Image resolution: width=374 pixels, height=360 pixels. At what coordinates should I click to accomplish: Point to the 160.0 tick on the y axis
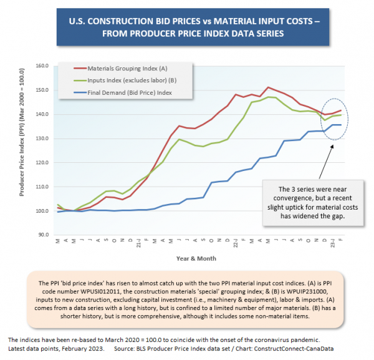tap(41, 66)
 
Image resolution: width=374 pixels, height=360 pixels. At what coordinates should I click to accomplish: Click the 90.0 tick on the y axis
tap(42, 235)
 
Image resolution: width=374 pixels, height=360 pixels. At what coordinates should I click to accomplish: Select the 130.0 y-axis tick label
tap(41, 139)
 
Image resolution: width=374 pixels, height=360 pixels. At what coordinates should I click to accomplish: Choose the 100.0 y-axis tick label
tap(41, 211)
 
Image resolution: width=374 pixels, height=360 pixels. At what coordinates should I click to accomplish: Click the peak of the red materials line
tap(268, 87)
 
